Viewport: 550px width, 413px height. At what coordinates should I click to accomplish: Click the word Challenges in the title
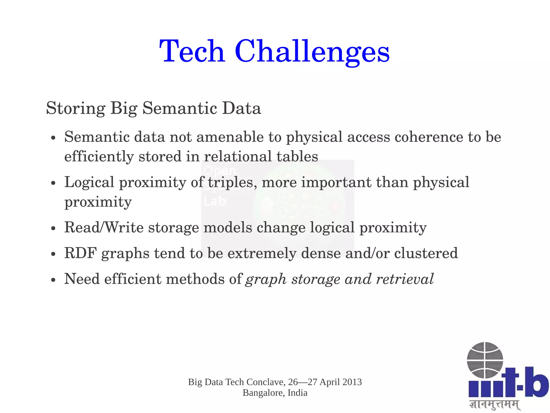tap(312, 52)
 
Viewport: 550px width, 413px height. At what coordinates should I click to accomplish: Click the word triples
tap(230, 182)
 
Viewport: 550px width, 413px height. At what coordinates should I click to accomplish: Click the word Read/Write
tap(104, 227)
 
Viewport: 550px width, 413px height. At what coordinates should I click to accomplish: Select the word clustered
tap(426, 253)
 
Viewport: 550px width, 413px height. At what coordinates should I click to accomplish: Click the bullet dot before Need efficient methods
tap(53, 280)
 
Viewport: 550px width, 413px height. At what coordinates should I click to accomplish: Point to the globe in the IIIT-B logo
tap(484, 360)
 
